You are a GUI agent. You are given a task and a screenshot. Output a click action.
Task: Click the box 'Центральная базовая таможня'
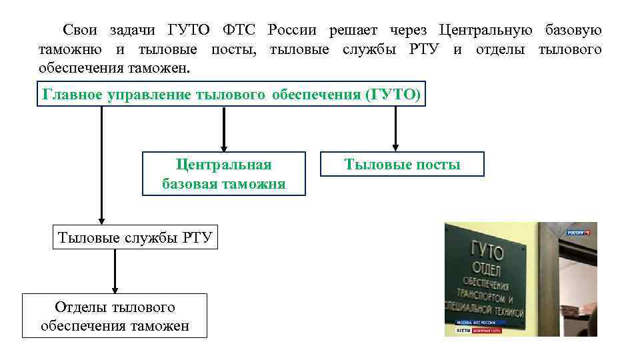click(223, 174)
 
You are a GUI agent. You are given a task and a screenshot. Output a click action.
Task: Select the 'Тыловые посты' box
click(402, 164)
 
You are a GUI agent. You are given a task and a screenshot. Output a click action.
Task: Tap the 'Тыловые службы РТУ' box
click(135, 237)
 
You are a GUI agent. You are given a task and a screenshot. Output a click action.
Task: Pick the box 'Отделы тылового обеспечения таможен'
click(115, 316)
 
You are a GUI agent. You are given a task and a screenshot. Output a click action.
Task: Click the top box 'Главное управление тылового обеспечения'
click(231, 95)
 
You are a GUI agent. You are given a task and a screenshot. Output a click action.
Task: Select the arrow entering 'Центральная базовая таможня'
click(223, 129)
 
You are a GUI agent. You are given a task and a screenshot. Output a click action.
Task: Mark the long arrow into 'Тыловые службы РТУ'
click(101, 167)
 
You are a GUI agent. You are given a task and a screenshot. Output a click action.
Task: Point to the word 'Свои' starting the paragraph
click(79, 30)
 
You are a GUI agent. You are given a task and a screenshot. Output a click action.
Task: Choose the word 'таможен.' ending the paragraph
click(159, 69)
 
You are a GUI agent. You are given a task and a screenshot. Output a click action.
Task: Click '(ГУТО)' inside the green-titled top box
click(394, 95)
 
